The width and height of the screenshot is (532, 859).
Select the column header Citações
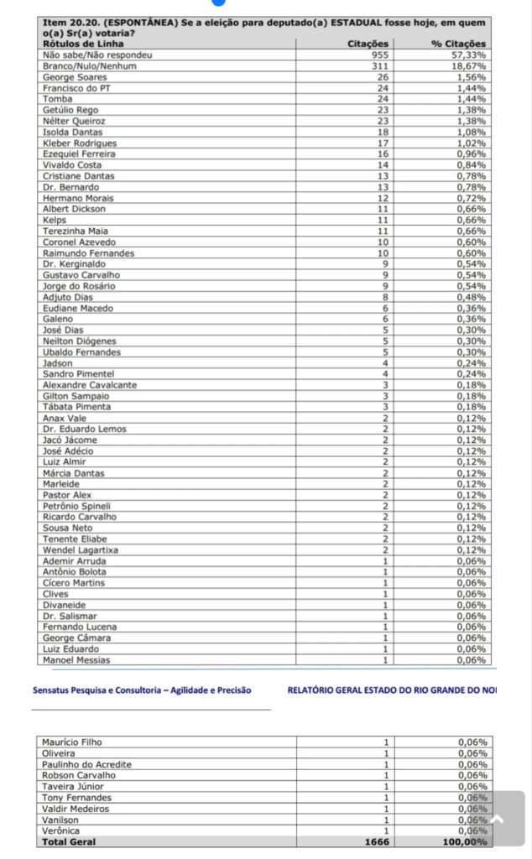pyautogui.click(x=368, y=43)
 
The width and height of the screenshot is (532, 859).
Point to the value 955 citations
pyautogui.click(x=381, y=54)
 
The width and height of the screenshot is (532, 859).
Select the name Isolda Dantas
pyautogui.click(x=72, y=132)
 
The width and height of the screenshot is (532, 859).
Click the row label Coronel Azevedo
pyautogui.click(x=79, y=242)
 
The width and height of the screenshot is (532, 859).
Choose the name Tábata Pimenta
pyautogui.click(x=76, y=407)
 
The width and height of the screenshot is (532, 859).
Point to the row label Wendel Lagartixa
pyautogui.click(x=81, y=549)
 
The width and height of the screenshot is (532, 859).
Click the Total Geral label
pyautogui.click(x=69, y=841)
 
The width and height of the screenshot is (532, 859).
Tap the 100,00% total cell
pyautogui.click(x=467, y=841)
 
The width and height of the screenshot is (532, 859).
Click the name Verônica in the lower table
pyautogui.click(x=61, y=830)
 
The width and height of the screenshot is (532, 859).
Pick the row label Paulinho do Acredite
pyautogui.click(x=87, y=764)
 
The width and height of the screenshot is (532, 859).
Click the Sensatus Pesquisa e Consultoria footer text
pyautogui.click(x=142, y=690)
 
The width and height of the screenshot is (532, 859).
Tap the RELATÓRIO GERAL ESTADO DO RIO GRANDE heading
pyautogui.click(x=391, y=690)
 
